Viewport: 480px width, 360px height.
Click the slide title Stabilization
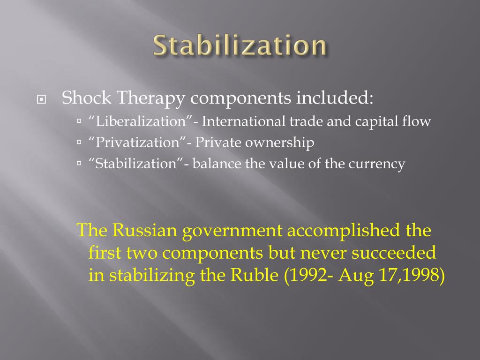pyautogui.click(x=240, y=46)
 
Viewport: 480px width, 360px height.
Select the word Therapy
pyautogui.click(x=147, y=98)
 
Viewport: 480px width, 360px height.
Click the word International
pyautogui.click(x=244, y=121)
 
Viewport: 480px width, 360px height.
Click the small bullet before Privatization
pyautogui.click(x=79, y=143)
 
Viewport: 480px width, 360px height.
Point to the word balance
pyautogui.click(x=216, y=164)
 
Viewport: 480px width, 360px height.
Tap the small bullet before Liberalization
pyautogui.click(x=79, y=121)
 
